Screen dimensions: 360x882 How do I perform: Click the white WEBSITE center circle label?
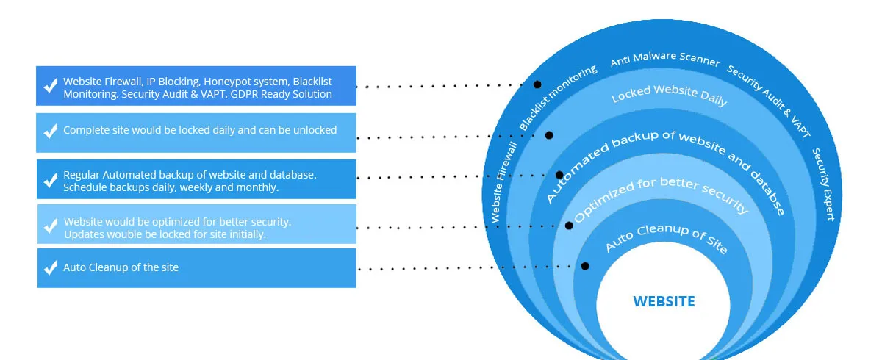pos(664,301)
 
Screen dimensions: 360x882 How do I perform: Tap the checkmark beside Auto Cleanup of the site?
pos(51,268)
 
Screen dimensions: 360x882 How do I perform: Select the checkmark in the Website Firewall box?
pos(51,86)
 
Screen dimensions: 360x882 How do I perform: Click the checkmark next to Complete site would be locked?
pos(51,132)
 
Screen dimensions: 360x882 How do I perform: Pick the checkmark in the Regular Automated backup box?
pos(51,179)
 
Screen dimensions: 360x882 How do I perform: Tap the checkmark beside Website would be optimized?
pos(51,226)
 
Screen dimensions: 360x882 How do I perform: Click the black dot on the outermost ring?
pos(537,85)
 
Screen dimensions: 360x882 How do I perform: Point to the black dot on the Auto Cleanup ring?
pos(585,266)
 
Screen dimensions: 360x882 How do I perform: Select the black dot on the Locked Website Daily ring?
pos(549,135)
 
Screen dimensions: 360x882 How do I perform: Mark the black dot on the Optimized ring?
pos(569,226)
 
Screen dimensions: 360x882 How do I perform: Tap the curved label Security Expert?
pos(822,184)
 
